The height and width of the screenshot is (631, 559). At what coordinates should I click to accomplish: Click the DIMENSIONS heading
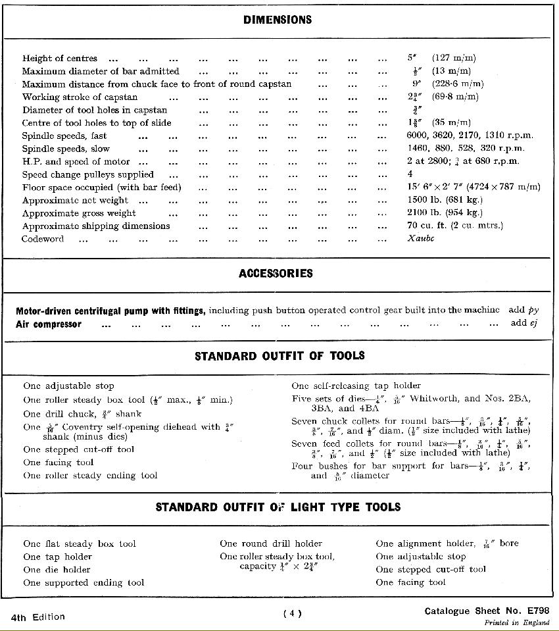coord(277,20)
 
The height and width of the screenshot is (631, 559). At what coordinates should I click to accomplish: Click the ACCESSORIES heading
coord(276,274)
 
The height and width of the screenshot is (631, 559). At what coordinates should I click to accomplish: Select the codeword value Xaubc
coord(421,239)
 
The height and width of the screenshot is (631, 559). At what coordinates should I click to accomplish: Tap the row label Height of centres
coord(60,59)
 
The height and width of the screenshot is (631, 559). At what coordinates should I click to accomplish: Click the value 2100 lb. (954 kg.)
coord(445,213)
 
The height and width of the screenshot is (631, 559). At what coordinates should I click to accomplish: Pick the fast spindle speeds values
coord(470,136)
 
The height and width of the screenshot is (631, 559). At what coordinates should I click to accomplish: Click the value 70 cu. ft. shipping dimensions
coord(455,226)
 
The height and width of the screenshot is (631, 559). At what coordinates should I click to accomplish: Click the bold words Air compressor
coord(49,324)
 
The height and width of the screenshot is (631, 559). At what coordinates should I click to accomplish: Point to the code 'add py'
coord(523,310)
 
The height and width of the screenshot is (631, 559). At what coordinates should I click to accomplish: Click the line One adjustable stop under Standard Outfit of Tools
coord(68,386)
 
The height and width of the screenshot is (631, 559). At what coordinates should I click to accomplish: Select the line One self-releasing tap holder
coord(356,386)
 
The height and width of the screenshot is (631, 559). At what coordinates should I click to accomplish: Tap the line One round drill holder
coord(271,543)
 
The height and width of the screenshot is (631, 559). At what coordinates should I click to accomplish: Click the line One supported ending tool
coord(84,582)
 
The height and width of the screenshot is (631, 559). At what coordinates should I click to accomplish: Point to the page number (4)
coord(292,614)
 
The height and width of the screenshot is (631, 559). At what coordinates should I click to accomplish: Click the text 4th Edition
coord(38,617)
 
